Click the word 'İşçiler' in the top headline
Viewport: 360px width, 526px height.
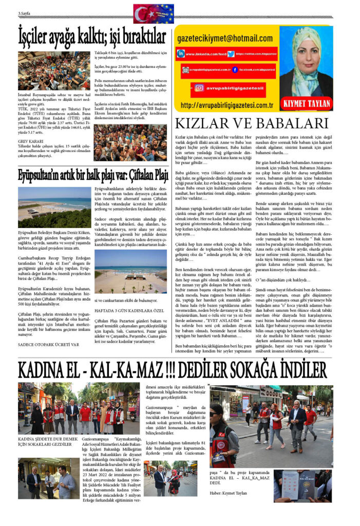(x=39, y=36)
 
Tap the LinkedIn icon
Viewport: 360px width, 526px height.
(x=181, y=54)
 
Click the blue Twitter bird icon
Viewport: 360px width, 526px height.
(x=232, y=54)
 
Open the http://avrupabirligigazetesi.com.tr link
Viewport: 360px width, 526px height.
(x=226, y=106)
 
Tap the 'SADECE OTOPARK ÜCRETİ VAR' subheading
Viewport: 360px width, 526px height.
(x=49, y=345)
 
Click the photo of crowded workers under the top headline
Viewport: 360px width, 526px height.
(x=54, y=70)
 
